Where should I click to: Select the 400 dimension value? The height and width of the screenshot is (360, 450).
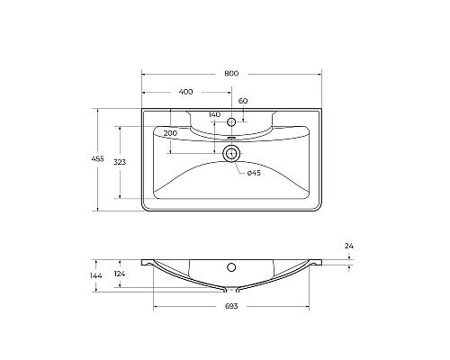coord(185,92)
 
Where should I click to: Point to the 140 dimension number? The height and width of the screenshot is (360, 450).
coord(214,114)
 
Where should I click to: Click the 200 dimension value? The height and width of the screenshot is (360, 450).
coord(170,132)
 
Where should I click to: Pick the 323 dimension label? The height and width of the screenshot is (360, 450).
coord(120,161)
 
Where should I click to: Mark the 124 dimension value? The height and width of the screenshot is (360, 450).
coord(121,274)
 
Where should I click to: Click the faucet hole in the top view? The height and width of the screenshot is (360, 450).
coord(231,121)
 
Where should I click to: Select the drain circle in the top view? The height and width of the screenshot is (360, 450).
coord(231,153)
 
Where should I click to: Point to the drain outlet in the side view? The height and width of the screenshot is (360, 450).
coord(231,290)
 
